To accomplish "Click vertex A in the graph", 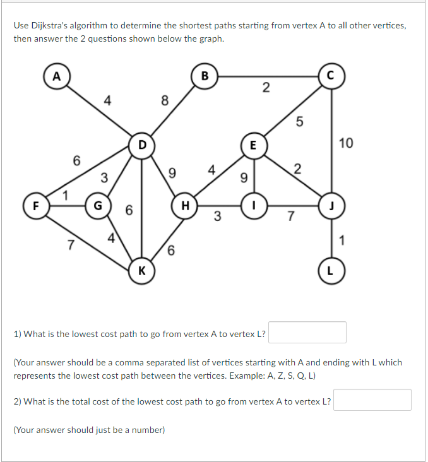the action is click(x=57, y=77).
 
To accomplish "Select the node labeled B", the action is click(x=204, y=77).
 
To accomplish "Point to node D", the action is click(x=142, y=145).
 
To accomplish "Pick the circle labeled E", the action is click(x=253, y=145).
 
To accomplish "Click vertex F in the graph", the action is click(x=35, y=205).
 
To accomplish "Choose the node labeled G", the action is click(x=97, y=205).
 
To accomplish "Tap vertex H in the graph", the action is click(x=185, y=205).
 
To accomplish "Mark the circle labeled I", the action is click(x=253, y=205).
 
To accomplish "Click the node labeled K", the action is click(x=142, y=271).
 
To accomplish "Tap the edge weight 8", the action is click(x=165, y=100).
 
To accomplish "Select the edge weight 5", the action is click(x=300, y=123).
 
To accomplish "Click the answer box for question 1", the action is click(x=307, y=333).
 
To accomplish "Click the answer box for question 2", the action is click(x=372, y=400).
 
